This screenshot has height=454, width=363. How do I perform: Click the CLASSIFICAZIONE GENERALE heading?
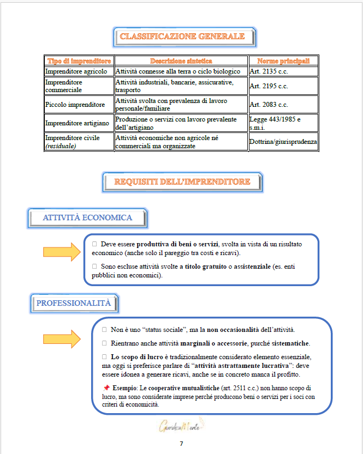tap(182, 37)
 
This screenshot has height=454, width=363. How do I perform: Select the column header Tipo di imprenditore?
tap(79, 61)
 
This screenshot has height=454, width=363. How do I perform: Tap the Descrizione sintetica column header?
tap(181, 61)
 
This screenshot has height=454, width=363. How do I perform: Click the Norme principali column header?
tap(283, 61)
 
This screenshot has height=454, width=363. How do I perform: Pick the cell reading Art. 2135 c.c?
tap(269, 71)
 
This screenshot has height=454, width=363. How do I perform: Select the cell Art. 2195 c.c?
tap(269, 86)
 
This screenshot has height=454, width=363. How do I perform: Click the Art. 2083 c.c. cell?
tap(269, 105)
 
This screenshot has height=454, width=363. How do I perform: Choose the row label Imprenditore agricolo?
tap(76, 71)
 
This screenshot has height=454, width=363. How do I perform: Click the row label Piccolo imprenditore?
tap(74, 105)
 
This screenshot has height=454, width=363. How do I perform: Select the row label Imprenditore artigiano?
tap(77, 123)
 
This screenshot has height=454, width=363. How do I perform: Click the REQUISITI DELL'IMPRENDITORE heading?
tap(182, 182)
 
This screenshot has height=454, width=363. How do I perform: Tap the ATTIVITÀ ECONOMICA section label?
tap(87, 217)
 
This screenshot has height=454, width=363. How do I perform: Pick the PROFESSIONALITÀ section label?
tap(73, 303)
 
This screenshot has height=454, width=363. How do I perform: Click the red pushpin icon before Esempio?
tap(106, 388)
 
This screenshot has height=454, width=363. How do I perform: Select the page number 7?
tap(181, 444)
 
